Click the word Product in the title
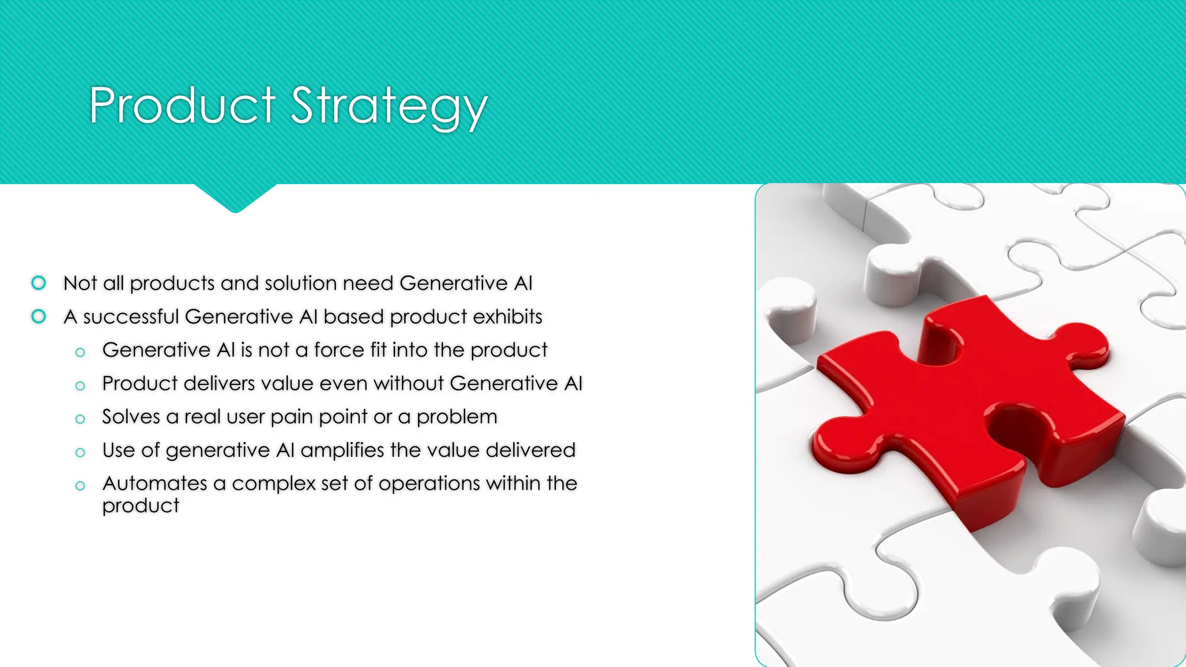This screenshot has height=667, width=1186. coord(182,105)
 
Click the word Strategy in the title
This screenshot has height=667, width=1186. coord(389,107)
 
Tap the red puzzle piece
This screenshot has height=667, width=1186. coord(961,405)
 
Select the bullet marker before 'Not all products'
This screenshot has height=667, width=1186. coord(39,283)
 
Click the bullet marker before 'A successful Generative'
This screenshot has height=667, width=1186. coord(39,316)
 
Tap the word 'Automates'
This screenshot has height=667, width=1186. coord(155,483)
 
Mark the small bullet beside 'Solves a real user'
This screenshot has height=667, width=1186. coord(80,419)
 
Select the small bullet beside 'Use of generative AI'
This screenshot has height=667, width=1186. coord(80,452)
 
